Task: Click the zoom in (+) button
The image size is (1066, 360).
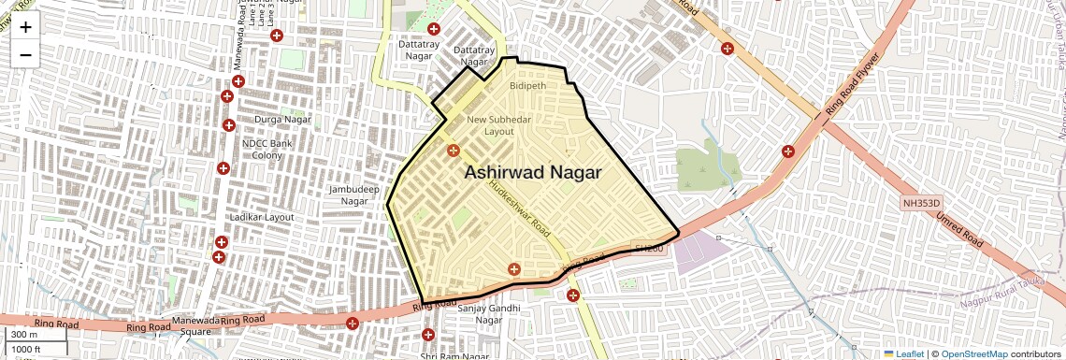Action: point(25,27)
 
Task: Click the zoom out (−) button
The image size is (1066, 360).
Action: point(25,54)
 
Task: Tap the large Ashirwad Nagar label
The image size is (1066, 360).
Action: point(532,172)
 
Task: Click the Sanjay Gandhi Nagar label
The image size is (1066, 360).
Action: point(476,313)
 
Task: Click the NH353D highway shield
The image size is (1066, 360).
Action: point(920,203)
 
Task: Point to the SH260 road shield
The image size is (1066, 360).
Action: point(647,249)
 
